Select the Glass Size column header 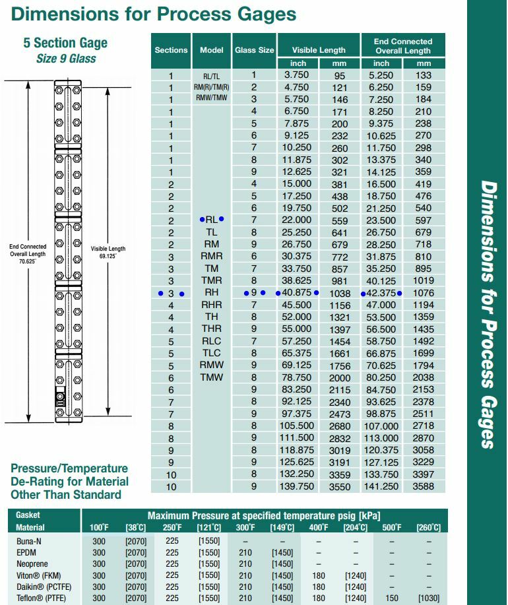coord(255,49)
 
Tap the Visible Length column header coord(319,49)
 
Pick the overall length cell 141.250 coord(381,486)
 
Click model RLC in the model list coord(212,341)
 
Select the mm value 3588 coord(424,486)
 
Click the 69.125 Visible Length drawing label coord(108,252)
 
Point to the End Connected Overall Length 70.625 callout coord(28,254)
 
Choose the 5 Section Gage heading coord(65,43)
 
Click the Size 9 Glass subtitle coord(66,58)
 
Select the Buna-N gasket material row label coord(29,540)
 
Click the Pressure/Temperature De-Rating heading coord(69,481)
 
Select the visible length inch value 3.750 coord(292,75)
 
